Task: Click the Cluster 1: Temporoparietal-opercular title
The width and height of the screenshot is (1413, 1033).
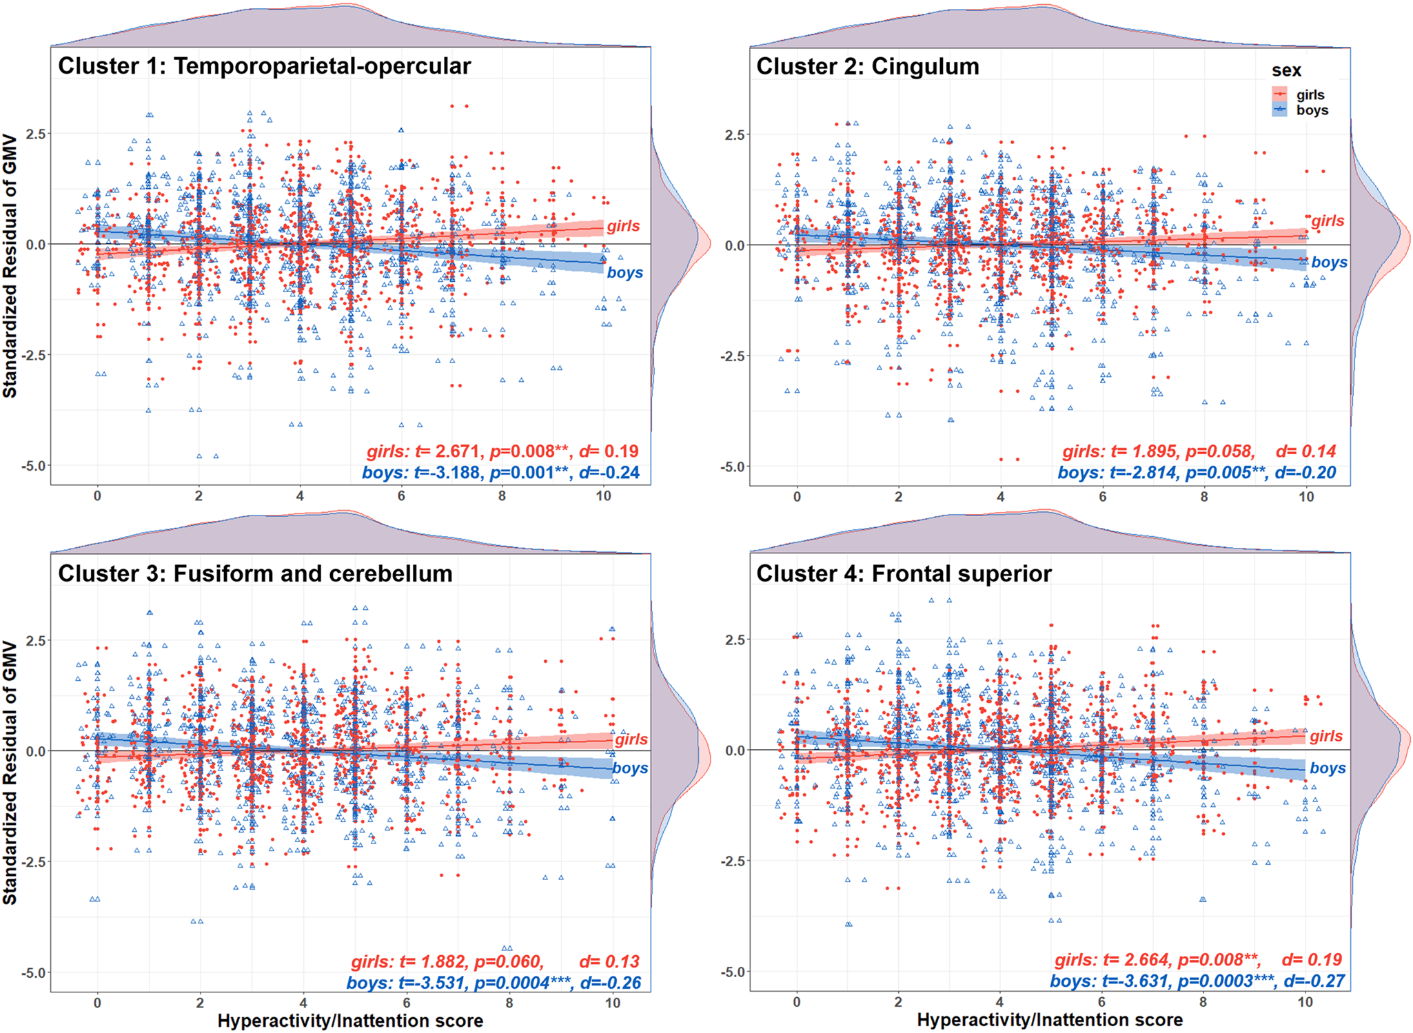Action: (264, 66)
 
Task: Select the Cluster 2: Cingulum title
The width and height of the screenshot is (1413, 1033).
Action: (867, 67)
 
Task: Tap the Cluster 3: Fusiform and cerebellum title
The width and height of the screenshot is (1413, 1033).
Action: (255, 574)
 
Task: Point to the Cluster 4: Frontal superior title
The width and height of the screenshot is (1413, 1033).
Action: (904, 574)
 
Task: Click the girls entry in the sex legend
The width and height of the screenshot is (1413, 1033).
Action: (1310, 95)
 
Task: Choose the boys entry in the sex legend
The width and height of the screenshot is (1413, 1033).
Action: (1312, 110)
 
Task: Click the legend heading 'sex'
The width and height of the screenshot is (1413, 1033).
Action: (1286, 71)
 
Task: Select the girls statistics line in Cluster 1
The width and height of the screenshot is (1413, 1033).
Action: (502, 451)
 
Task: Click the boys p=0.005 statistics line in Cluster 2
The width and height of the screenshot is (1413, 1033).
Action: (1197, 473)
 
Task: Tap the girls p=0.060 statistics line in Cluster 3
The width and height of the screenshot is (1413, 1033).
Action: (495, 961)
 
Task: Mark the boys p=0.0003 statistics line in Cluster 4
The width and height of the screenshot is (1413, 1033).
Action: (1197, 981)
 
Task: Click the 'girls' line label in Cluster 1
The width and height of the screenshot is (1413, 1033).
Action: (623, 226)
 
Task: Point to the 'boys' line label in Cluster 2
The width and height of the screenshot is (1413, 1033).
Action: (1329, 263)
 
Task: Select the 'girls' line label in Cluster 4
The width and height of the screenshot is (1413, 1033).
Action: (1326, 736)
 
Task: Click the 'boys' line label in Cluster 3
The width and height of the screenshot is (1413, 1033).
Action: (630, 768)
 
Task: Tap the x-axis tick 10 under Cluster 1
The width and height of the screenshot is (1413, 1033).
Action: (603, 496)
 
